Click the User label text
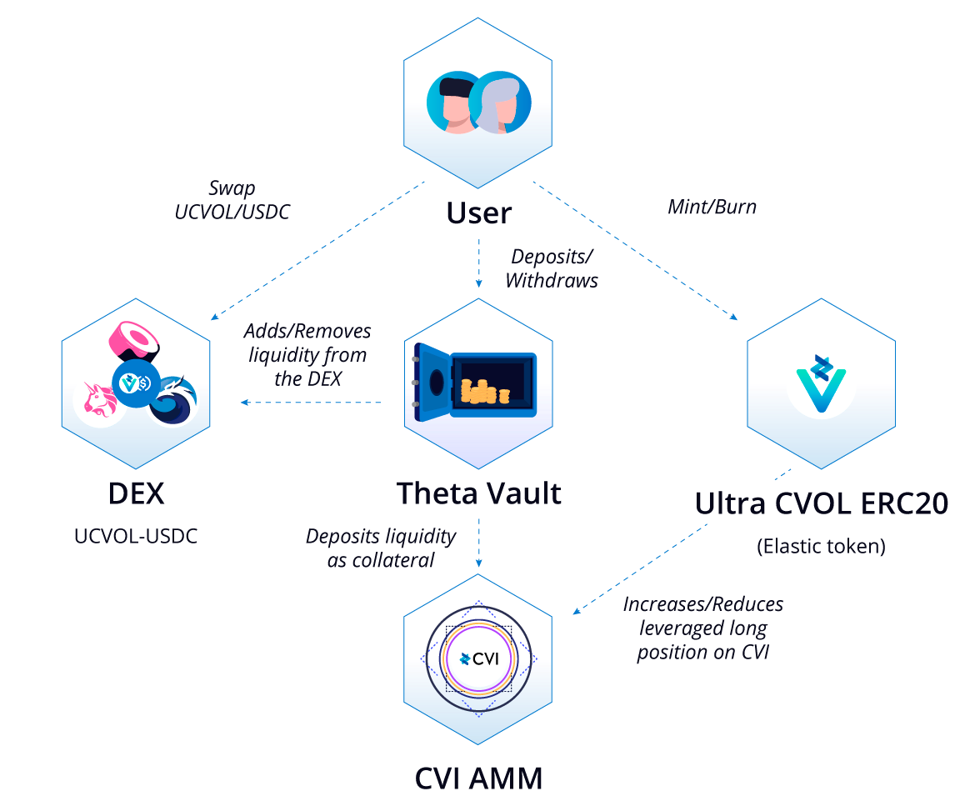coord(478,213)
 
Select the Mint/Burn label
coord(712,207)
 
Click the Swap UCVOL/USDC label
coord(232,200)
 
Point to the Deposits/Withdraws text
coord(552,268)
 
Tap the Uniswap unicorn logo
coord(99,401)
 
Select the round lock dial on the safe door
coord(437,383)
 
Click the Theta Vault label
coord(478,493)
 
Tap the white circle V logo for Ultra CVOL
coord(821,383)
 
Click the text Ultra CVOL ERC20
coord(821,504)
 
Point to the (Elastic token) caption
coord(821,547)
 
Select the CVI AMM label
coord(478,779)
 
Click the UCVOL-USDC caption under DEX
coord(136,536)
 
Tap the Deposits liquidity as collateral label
coord(381,548)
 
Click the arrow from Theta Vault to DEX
coord(312,403)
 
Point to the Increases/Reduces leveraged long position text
coord(703,628)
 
